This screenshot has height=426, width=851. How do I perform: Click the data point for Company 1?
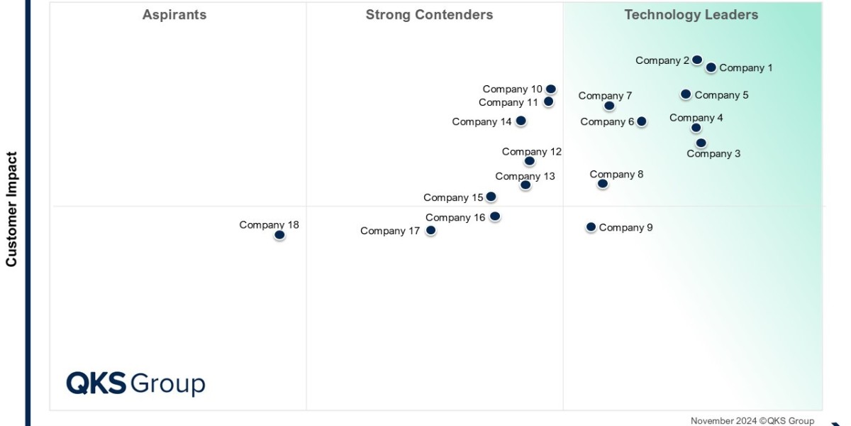[711, 67]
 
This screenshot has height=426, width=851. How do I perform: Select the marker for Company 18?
[279, 235]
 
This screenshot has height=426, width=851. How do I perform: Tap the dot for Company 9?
[591, 227]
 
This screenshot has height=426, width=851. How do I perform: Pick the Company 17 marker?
[430, 231]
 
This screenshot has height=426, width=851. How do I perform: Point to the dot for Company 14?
[521, 121]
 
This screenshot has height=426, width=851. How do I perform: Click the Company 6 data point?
[641, 121]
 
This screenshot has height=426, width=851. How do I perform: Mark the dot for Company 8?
[602, 184]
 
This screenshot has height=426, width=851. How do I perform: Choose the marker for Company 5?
[686, 94]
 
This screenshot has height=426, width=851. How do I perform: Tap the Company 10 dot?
[550, 89]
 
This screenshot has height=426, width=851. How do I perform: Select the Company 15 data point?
[491, 197]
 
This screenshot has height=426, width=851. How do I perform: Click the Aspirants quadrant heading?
[174, 15]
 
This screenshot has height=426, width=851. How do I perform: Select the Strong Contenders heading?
[429, 15]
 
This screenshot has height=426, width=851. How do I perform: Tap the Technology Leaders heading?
[691, 15]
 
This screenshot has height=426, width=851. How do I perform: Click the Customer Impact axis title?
[11, 209]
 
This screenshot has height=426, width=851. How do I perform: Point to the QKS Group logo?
[135, 383]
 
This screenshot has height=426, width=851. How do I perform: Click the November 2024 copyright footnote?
[752, 421]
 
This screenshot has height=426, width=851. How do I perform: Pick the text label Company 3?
[713, 154]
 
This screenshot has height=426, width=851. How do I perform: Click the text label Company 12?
[531, 152]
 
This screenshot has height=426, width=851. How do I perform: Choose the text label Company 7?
[605, 96]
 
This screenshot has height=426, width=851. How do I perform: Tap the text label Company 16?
[455, 218]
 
